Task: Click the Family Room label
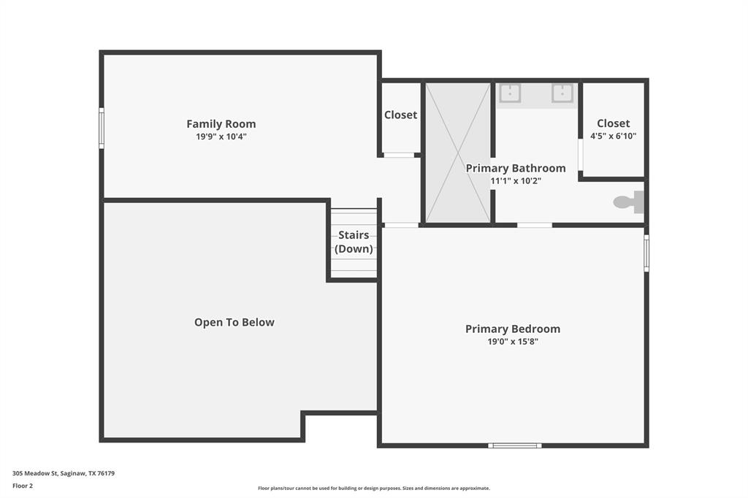221,124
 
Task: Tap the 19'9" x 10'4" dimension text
221,137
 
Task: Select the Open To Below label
234,322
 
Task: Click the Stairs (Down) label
354,242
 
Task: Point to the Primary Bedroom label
512,329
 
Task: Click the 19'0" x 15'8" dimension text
512,341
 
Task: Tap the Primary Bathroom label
516,168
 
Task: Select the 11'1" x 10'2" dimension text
516,180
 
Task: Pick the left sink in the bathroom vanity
509,93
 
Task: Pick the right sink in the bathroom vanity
562,93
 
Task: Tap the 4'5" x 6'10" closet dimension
613,136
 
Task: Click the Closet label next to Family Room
400,115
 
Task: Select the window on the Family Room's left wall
102,128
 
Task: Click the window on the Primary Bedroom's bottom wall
515,445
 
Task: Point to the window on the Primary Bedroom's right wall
646,253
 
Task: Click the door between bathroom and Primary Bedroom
535,225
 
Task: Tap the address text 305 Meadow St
64,473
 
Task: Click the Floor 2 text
23,486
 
